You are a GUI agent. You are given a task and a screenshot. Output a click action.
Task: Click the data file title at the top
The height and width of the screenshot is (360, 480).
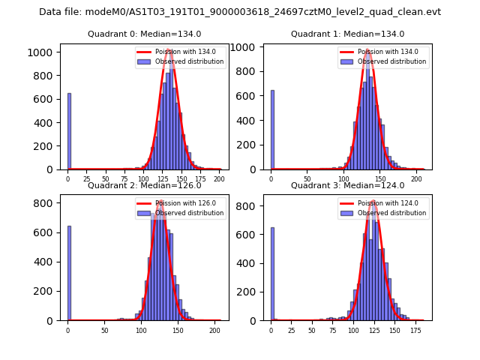tap(240, 12)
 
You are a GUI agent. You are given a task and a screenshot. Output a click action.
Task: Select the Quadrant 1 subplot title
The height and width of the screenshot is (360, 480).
tap(347, 34)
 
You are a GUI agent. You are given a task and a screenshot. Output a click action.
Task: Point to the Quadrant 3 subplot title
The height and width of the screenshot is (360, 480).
tap(347, 185)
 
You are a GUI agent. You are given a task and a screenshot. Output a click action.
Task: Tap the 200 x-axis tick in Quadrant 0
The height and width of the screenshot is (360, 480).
tap(219, 179)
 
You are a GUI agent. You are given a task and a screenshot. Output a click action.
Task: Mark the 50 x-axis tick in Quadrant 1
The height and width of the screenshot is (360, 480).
tap(307, 179)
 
